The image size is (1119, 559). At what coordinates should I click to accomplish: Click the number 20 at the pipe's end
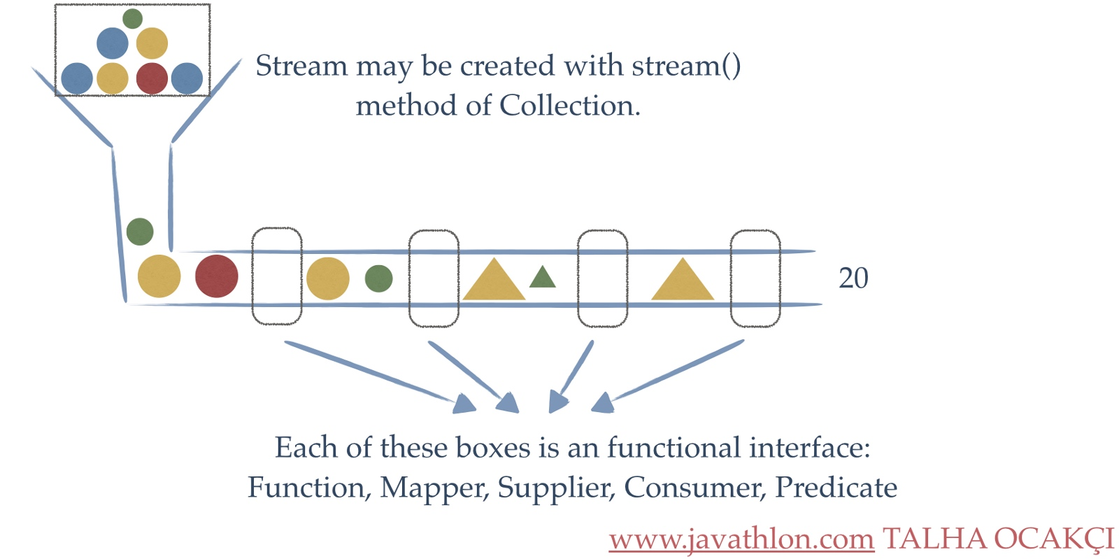click(x=853, y=278)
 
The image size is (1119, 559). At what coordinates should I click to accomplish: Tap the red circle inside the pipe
click(x=216, y=276)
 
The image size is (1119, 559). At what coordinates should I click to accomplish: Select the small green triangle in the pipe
click(x=542, y=278)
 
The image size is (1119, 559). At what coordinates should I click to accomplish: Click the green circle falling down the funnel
click(x=140, y=232)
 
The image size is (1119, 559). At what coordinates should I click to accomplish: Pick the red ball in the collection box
click(x=152, y=78)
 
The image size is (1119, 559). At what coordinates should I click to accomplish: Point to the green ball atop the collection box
click(x=132, y=18)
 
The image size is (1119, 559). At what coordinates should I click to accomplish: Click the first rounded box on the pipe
click(x=277, y=276)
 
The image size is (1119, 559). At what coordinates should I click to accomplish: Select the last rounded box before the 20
click(x=755, y=278)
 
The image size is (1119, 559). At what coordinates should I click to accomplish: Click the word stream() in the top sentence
click(x=685, y=66)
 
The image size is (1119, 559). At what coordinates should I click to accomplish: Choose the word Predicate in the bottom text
click(x=836, y=488)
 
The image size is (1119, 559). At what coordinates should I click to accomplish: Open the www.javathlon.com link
click(x=741, y=539)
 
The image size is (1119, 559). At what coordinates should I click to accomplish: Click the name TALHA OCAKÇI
click(x=997, y=539)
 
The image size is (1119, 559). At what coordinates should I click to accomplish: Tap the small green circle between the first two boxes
click(x=378, y=278)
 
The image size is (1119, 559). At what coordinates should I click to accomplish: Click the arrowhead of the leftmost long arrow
click(x=464, y=404)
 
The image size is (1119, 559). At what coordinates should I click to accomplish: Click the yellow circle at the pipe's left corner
click(x=159, y=276)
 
